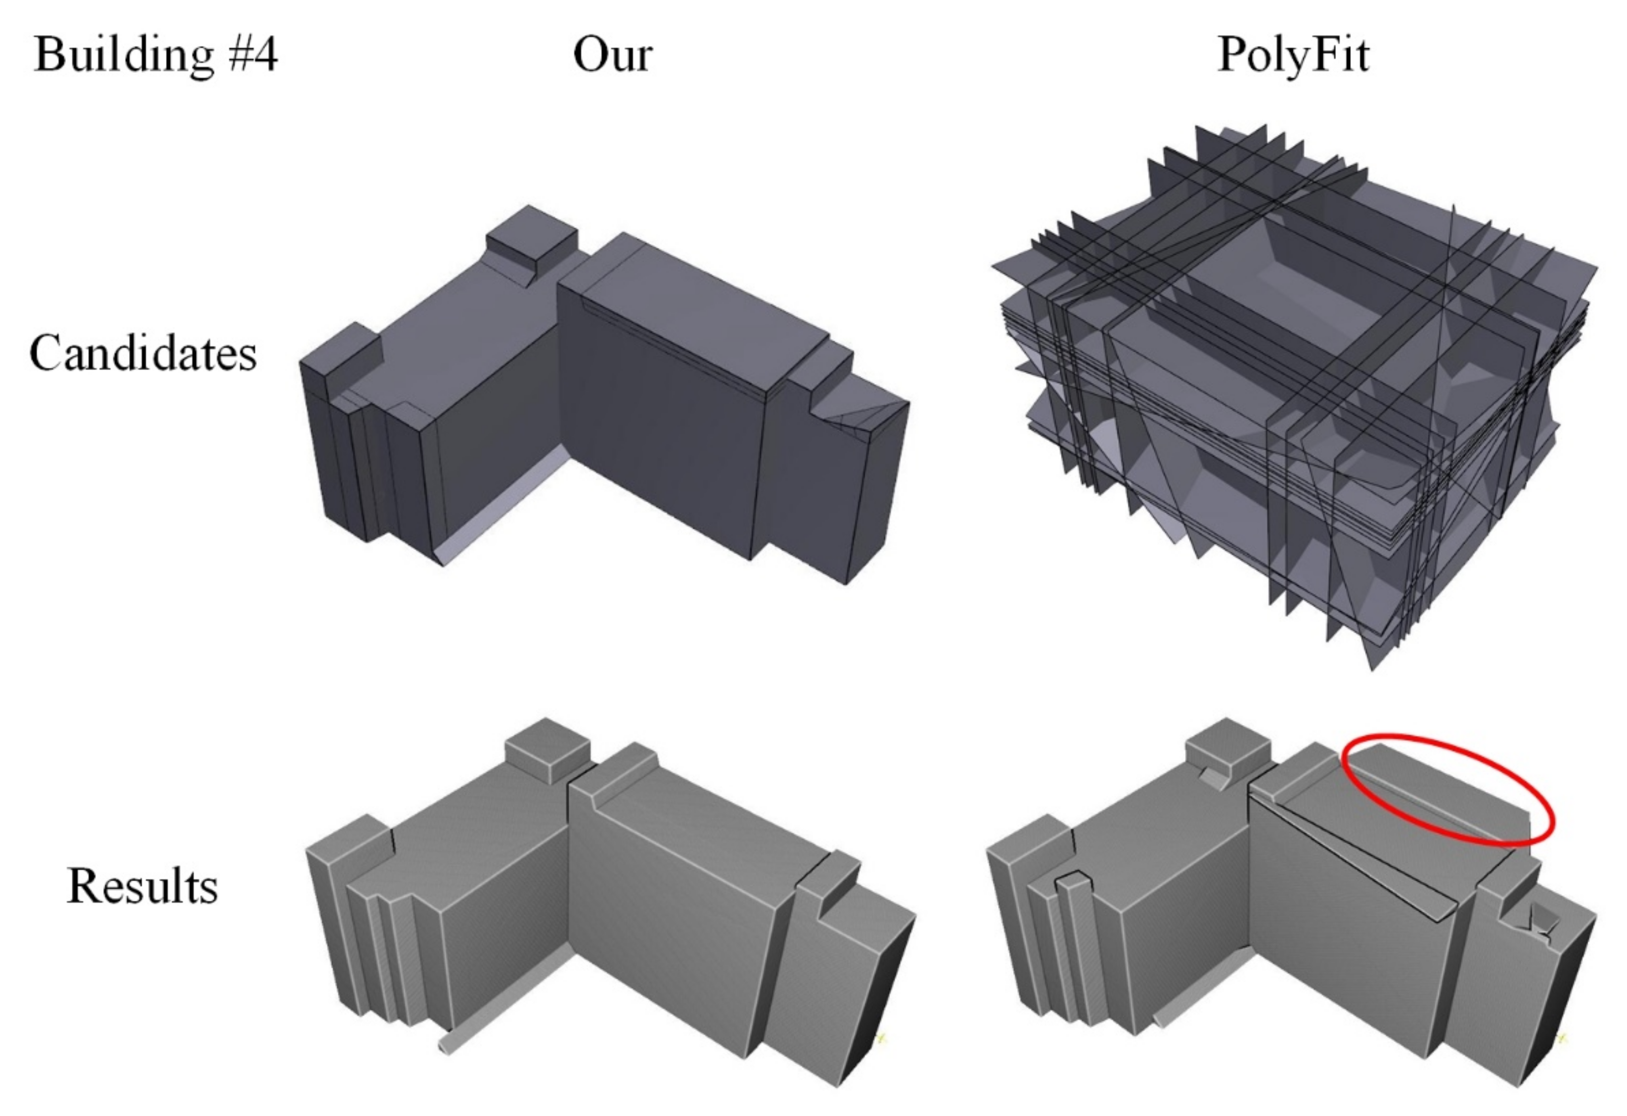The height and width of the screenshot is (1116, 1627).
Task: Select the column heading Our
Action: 612,55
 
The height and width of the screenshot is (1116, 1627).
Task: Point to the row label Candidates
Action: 143,352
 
